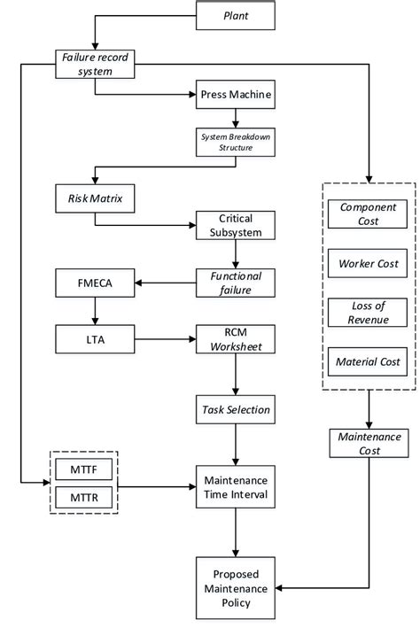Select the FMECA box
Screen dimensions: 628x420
(x=95, y=284)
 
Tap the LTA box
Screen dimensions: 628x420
(x=95, y=337)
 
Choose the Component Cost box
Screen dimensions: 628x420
(x=367, y=213)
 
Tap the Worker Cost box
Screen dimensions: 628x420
(x=367, y=263)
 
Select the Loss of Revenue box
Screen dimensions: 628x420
(x=367, y=312)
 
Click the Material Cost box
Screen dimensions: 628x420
(x=367, y=361)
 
